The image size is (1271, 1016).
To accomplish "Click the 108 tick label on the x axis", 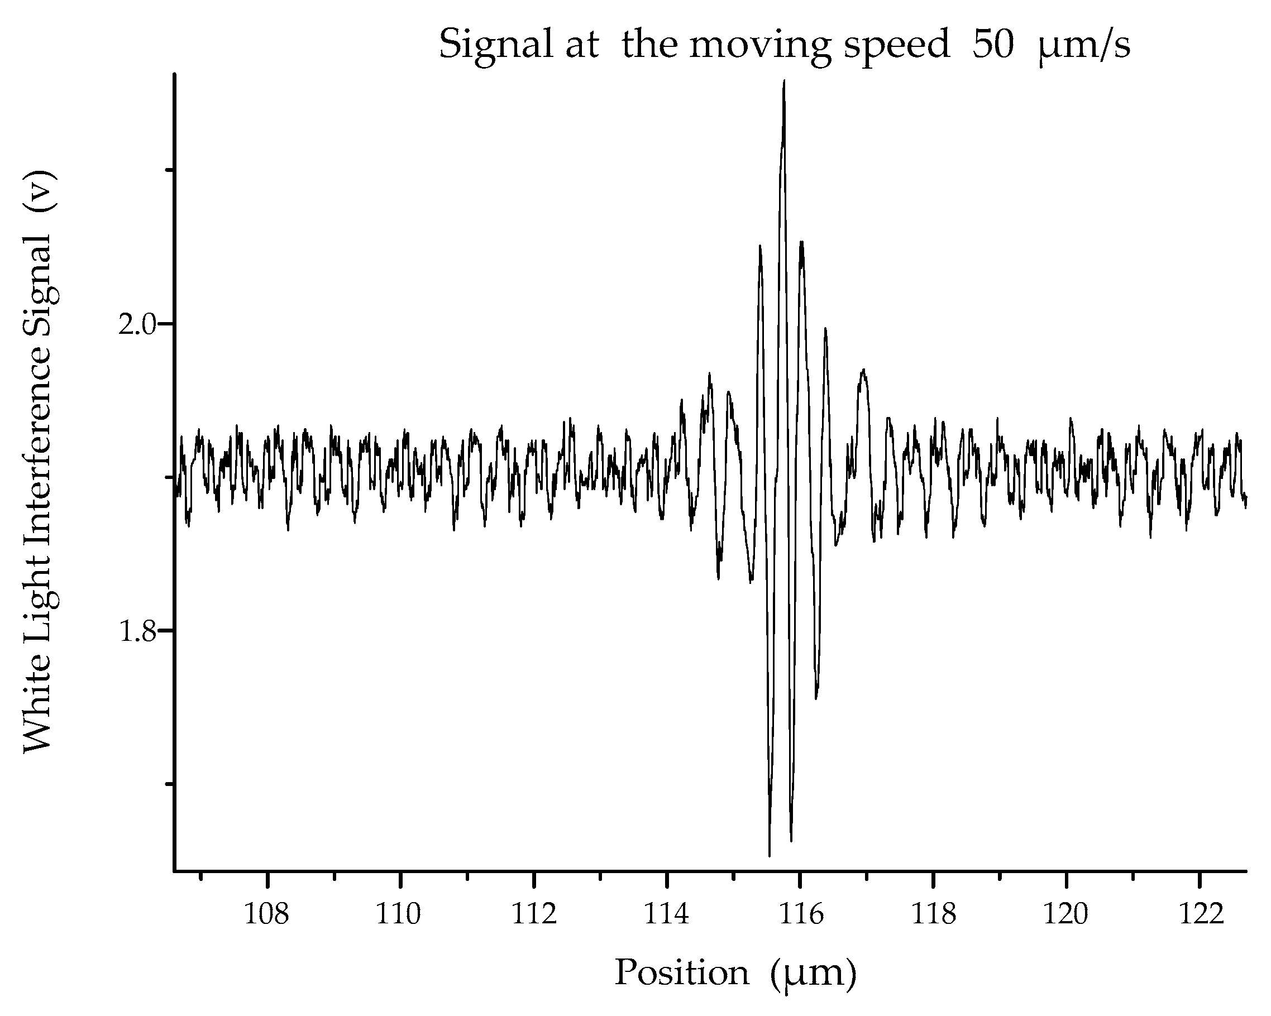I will click(266, 915).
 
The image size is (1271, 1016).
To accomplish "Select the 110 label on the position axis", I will click(400, 915).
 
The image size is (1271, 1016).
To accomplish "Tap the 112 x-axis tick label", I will click(533, 915).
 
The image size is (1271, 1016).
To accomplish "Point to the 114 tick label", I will click(666, 915).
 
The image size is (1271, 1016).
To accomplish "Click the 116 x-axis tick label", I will click(799, 915).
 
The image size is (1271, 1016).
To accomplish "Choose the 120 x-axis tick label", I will click(1066, 915).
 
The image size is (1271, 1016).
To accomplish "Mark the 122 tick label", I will click(1199, 915).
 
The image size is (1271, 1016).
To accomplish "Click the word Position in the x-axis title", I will click(681, 973).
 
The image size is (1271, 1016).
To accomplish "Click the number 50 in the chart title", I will click(993, 45).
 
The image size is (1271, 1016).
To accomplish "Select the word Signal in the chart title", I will click(495, 45).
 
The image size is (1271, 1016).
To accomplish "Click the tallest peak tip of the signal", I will click(783, 82).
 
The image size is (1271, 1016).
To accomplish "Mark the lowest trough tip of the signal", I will click(770, 855).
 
